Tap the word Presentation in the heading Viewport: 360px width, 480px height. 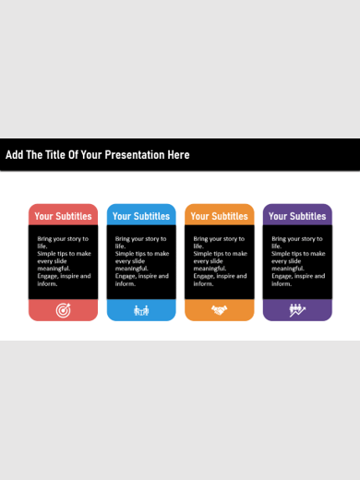[136, 155]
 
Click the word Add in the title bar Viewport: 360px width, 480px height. [14, 155]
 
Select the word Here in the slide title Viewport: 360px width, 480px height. [178, 155]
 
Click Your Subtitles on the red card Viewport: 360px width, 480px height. [63, 216]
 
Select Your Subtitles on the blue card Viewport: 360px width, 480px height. [141, 216]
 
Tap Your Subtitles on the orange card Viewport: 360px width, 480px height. [219, 216]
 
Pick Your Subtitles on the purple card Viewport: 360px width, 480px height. [297, 216]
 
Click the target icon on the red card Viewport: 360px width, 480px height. [63, 310]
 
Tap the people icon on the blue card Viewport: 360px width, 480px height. [141, 310]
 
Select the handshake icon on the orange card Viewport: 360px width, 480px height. [219, 310]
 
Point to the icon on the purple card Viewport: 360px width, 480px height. [297, 310]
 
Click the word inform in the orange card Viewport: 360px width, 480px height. [203, 283]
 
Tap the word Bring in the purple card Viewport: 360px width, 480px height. [281, 239]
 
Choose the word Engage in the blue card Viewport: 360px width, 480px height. [126, 275]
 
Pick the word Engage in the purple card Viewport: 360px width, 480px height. [282, 275]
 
